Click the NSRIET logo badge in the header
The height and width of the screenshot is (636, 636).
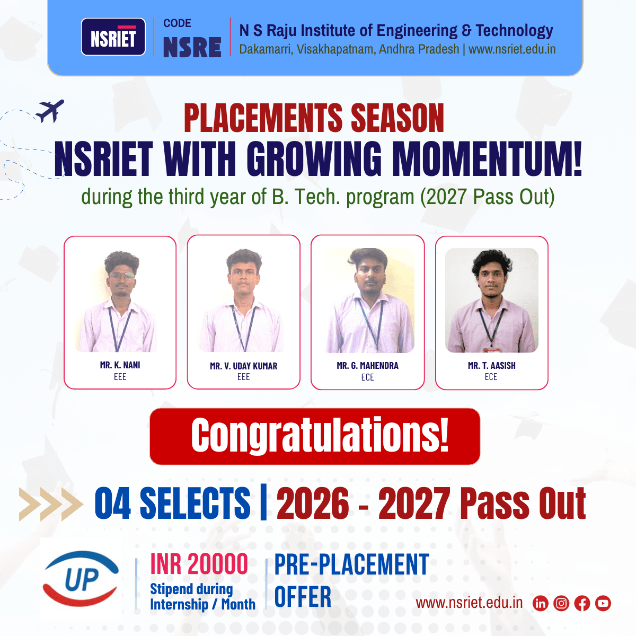(113, 37)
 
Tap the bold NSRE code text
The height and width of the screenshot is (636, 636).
(192, 47)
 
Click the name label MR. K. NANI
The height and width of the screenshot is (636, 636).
(120, 365)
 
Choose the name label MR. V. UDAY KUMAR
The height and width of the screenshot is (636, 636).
(243, 366)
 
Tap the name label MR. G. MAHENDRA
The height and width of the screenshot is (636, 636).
(367, 366)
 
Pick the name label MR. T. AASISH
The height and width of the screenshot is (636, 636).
(491, 366)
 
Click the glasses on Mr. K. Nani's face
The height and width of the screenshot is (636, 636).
(121, 276)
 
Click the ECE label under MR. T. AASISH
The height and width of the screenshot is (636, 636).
(491, 377)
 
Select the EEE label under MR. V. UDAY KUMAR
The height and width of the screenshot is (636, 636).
(243, 377)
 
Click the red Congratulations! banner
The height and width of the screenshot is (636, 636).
(315, 436)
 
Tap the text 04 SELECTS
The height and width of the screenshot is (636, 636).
(172, 503)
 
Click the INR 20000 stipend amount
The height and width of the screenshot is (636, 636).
(199, 564)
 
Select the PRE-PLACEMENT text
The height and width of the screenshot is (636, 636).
(351, 564)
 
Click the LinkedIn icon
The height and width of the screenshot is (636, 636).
(540, 603)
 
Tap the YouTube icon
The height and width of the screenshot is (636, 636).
(603, 603)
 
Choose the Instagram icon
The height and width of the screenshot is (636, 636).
(561, 603)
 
